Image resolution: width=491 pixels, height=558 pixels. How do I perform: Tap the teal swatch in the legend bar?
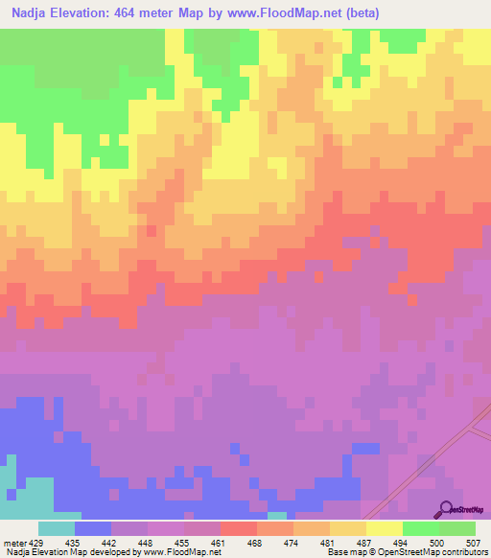click(x=57, y=528)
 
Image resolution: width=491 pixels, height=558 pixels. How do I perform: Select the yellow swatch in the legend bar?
click(x=384, y=528)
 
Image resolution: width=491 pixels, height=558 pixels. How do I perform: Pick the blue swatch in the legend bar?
click(x=93, y=528)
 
